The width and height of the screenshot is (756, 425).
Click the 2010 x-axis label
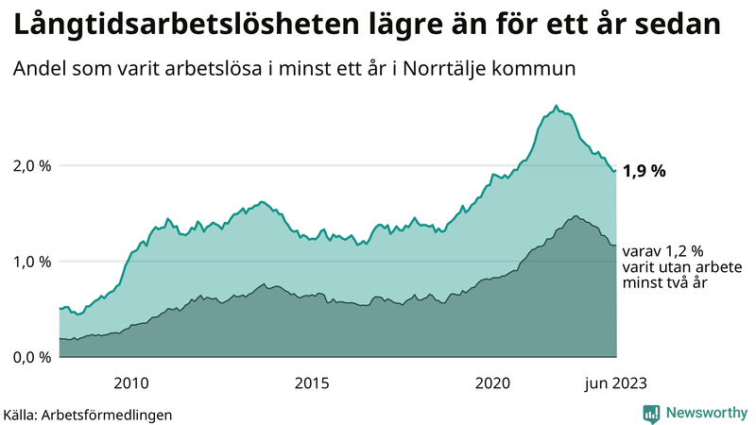131,382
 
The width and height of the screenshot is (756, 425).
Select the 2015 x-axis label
312,382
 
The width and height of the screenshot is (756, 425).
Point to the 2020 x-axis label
492,382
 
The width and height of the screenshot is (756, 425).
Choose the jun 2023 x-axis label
616,382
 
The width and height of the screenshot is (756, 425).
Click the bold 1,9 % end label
644,171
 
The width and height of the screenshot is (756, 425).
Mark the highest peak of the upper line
556,106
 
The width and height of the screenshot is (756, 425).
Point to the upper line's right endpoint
615,170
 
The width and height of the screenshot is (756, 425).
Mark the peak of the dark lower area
575,216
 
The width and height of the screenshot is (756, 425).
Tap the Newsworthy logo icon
651,413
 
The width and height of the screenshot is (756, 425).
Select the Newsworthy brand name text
706,413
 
